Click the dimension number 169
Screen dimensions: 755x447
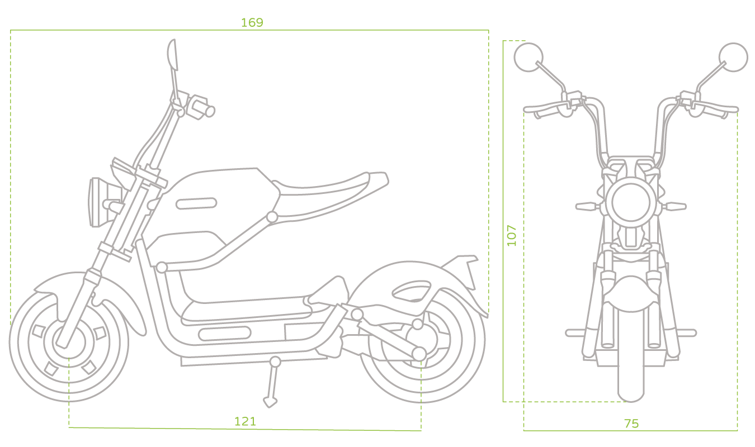(252, 22)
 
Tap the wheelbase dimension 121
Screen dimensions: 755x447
(245, 421)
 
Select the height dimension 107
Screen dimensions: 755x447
(512, 235)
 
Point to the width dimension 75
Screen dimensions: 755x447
(631, 424)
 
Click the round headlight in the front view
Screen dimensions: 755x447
(631, 202)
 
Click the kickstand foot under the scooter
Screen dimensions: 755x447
(270, 402)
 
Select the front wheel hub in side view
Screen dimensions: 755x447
(69, 343)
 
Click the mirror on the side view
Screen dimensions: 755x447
(173, 55)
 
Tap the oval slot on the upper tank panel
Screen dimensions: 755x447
(196, 203)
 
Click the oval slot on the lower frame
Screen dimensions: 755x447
(224, 334)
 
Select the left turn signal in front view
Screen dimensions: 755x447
(587, 206)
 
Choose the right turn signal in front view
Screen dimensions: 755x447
(674, 206)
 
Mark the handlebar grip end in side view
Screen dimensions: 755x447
(210, 111)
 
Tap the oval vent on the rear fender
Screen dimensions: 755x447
(412, 291)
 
